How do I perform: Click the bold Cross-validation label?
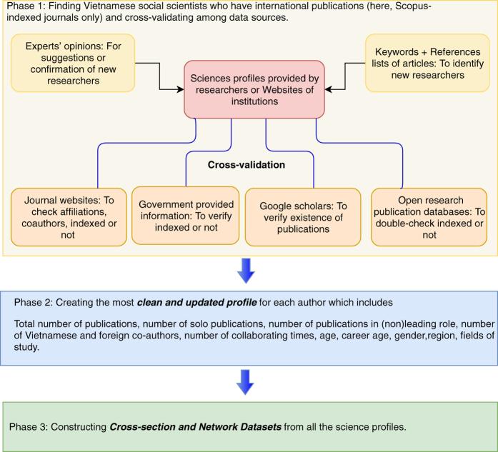tap(246, 164)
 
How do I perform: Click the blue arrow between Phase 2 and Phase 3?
tap(246, 383)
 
